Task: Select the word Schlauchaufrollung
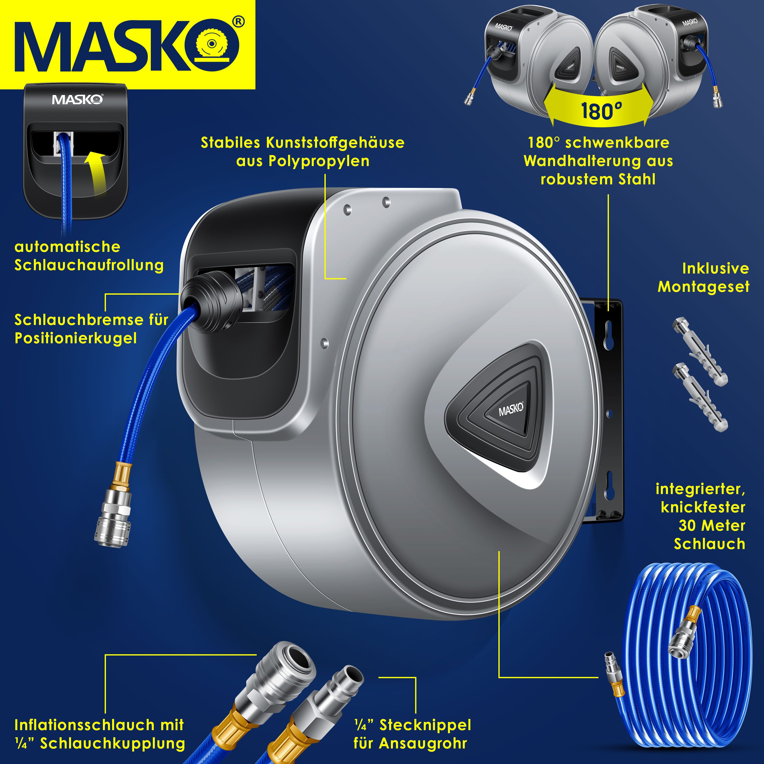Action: tap(89, 265)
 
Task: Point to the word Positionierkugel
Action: tap(76, 338)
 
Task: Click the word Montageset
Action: tap(703, 287)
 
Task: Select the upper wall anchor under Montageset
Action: tap(700, 352)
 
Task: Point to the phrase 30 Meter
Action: tap(712, 526)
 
